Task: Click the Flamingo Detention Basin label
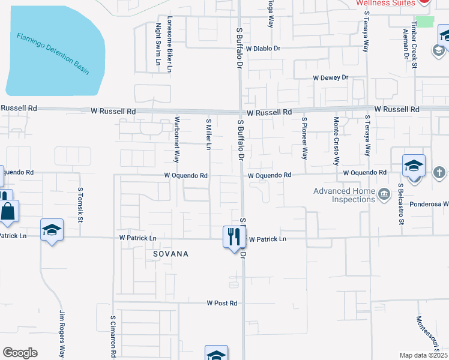point(53,53)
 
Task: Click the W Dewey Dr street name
point(330,78)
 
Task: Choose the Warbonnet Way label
point(177,140)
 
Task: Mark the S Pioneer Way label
point(304,138)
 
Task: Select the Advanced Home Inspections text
point(343,195)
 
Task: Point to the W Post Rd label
point(222,304)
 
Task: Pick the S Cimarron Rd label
point(113,337)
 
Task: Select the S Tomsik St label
point(80,204)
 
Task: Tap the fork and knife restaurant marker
point(232,236)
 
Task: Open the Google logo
point(20,353)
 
